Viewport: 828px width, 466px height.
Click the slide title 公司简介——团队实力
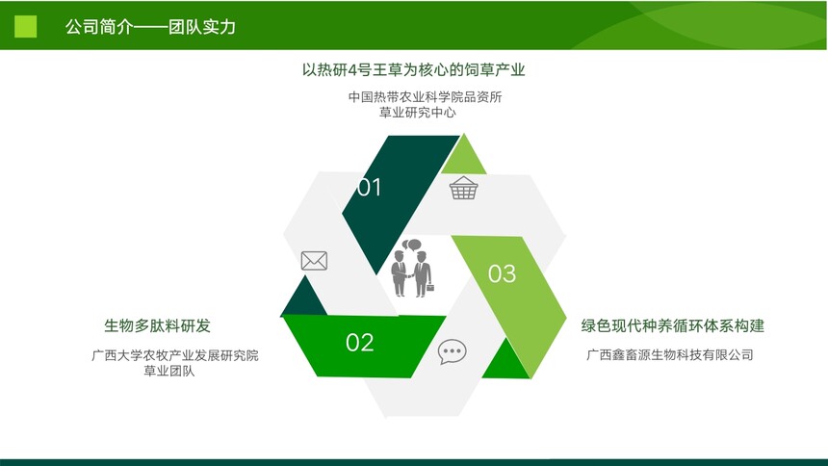pos(150,26)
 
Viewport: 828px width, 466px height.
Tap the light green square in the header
pos(25,26)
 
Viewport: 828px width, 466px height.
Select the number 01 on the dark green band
pos(369,188)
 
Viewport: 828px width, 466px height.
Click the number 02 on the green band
pos(360,343)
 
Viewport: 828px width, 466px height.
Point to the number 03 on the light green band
pos(502,273)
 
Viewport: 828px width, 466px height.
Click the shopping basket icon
pos(464,188)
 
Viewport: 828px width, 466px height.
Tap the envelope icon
pos(314,261)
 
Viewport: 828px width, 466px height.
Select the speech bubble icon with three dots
pos(452,351)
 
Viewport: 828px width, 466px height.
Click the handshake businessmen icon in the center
pos(412,268)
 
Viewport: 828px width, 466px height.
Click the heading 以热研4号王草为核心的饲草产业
pos(413,69)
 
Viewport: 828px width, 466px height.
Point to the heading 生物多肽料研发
pos(157,325)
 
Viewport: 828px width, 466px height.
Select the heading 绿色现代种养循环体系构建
pos(673,325)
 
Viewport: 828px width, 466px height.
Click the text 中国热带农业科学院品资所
pos(426,96)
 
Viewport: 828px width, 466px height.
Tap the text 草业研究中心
pos(417,112)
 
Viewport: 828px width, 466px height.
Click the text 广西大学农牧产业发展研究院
pos(175,355)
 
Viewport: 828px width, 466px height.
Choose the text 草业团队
pos(169,371)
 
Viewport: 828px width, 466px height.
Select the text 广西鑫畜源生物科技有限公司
pos(670,354)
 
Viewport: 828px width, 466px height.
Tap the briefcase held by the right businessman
pos(430,288)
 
